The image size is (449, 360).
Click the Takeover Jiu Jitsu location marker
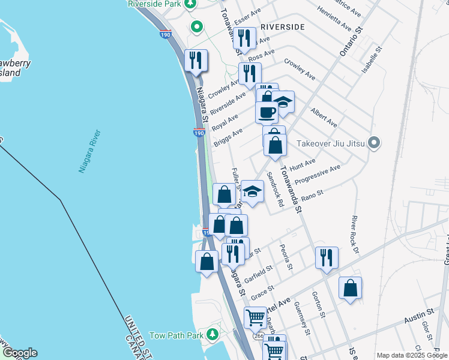click(375, 143)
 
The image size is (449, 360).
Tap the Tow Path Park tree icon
click(211, 334)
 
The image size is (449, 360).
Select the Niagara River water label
click(89, 151)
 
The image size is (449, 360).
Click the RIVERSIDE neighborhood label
click(283, 27)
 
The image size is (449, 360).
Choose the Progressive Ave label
click(322, 173)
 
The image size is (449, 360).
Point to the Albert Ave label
click(324, 117)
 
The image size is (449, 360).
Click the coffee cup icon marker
click(267, 111)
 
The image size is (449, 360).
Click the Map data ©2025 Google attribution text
click(411, 355)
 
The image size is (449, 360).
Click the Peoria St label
click(286, 257)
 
